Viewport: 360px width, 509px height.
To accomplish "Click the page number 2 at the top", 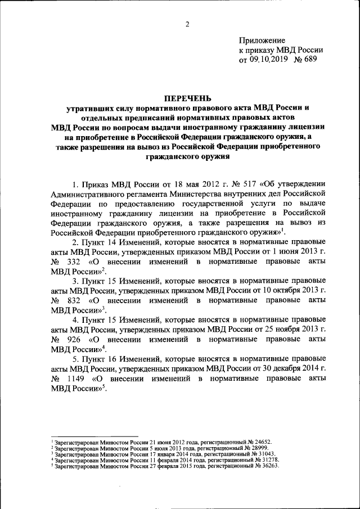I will (x=187, y=24).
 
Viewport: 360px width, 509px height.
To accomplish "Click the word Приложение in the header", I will (x=262, y=40).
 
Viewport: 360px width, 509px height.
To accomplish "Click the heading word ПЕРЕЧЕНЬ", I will (x=186, y=98).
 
